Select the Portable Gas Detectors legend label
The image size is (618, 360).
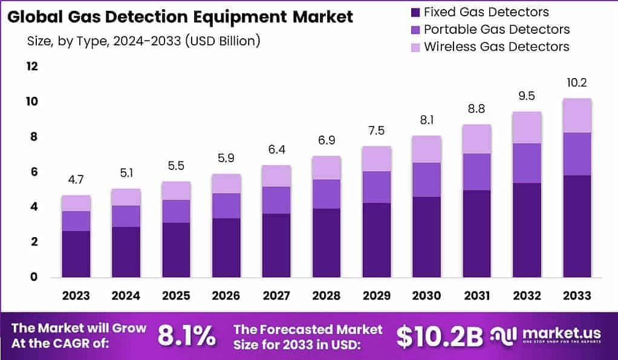496,29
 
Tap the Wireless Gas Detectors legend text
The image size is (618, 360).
496,47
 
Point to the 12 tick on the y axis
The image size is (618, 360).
31,66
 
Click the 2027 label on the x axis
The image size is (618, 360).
276,296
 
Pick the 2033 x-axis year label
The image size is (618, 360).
577,296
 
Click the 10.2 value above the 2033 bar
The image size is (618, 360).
577,83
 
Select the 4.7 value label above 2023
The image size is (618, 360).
76,180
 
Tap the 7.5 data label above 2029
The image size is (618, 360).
376,131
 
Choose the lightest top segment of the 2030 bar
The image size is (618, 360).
426,149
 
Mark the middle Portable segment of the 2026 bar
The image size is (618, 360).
226,206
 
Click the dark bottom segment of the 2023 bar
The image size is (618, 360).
76,254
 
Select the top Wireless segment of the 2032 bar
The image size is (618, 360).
527,128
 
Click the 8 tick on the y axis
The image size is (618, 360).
33,136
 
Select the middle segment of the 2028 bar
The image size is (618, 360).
326,194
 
